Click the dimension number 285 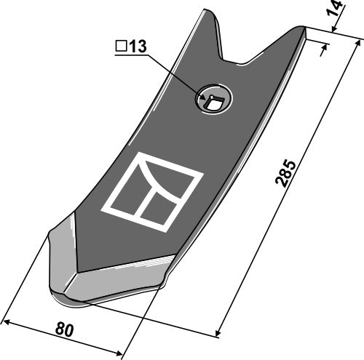coord(285,173)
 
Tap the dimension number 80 coord(64,329)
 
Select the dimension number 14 coord(335,8)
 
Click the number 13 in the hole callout coord(138,47)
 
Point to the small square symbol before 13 coord(121,47)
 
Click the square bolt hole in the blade coord(213,102)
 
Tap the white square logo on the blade coord(151,192)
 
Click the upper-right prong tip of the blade coord(301,27)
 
